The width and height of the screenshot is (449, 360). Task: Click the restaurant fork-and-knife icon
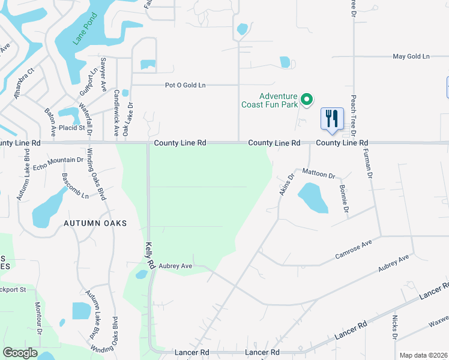click(332, 118)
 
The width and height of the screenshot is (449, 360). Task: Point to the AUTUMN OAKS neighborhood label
click(96, 223)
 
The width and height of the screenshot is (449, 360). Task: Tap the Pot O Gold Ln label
click(185, 85)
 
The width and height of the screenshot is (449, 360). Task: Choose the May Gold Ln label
click(411, 56)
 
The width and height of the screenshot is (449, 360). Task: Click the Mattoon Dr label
click(318, 173)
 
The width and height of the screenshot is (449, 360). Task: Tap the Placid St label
click(71, 128)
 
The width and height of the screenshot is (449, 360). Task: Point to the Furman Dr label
click(369, 164)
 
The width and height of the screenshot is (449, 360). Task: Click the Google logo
click(19, 353)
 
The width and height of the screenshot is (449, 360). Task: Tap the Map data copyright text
click(423, 355)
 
